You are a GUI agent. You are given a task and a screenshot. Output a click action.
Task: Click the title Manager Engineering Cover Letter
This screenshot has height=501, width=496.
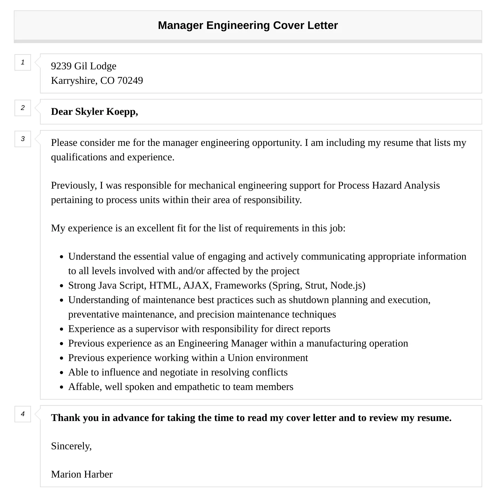pos(248,26)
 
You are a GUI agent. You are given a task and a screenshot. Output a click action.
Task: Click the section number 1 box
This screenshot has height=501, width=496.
pos(23,62)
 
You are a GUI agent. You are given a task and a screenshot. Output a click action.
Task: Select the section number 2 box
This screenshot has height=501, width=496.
pos(23,108)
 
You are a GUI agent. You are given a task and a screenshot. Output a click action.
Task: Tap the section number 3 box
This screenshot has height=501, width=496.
pos(23,139)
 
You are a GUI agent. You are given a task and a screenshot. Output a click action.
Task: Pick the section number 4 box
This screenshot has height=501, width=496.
pos(23,414)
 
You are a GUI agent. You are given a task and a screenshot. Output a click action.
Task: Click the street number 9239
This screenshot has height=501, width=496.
pos(61,66)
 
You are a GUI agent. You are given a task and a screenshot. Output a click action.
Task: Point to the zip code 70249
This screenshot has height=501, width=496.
pos(130,80)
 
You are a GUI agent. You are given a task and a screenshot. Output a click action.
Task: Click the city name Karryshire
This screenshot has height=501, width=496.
pos(73,81)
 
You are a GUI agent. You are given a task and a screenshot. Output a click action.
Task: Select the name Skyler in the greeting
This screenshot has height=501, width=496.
pos(89,112)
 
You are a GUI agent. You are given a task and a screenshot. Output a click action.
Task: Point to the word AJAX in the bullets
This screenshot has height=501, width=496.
pos(196,285)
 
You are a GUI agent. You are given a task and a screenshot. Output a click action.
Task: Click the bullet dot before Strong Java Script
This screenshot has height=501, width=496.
pos(61,286)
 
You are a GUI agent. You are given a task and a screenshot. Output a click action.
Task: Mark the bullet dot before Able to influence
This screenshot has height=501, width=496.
pos(61,373)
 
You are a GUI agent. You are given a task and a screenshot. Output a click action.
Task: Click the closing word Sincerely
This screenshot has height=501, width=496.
pos(71,446)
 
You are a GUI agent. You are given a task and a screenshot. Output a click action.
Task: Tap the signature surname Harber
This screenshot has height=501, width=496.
pos(98,474)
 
